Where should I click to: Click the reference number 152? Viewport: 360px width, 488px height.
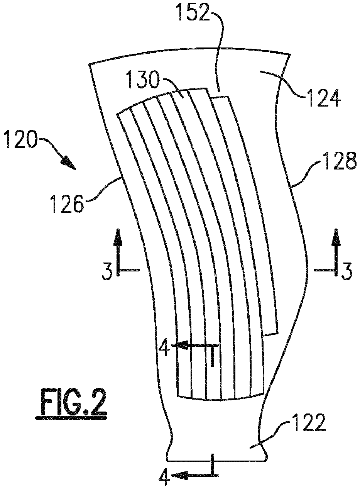click(194, 11)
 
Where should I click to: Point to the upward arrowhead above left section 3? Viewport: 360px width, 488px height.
click(118, 237)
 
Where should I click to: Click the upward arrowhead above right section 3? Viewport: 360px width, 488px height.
click(336, 237)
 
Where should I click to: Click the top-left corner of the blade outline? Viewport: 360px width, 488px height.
click(89, 64)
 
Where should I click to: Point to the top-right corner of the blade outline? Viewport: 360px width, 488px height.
click(290, 54)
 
